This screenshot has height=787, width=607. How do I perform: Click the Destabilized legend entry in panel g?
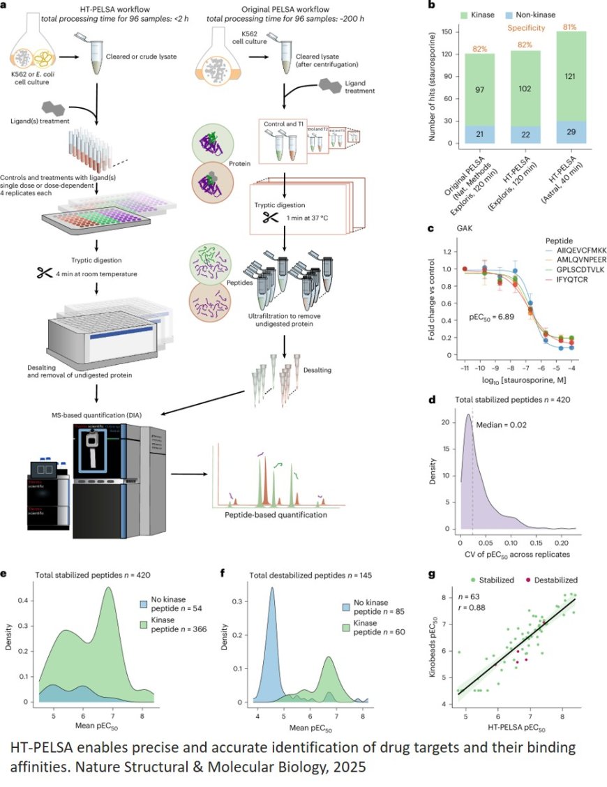[542, 579]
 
